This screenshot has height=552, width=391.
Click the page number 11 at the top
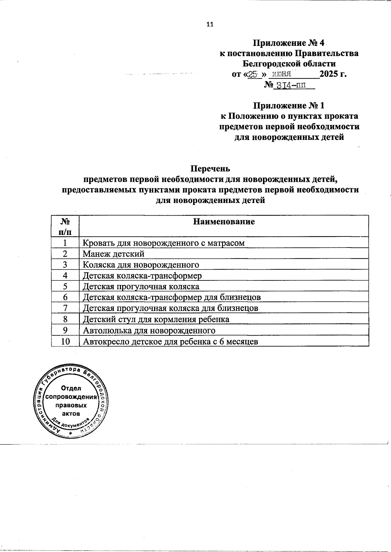[x=210, y=24]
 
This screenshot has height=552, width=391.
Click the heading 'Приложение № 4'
[x=289, y=43]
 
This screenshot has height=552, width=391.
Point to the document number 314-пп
[x=291, y=85]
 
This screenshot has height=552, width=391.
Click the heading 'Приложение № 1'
[x=289, y=106]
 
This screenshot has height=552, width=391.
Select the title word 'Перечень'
[x=210, y=169]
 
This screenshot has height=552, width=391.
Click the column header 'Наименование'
[x=224, y=222]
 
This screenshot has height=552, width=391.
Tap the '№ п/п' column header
[x=65, y=226]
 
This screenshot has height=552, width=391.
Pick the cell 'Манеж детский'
[x=113, y=254]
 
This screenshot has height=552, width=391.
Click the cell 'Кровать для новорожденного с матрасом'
[x=164, y=243]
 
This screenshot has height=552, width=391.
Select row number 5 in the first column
[x=65, y=286]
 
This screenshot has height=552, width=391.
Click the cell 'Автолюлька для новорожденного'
[x=149, y=330]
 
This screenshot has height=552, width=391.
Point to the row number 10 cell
[x=65, y=342]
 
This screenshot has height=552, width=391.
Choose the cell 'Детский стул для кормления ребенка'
[x=156, y=319]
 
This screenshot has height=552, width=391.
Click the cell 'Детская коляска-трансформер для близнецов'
[x=172, y=297]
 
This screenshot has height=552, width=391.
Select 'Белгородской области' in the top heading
[x=289, y=64]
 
